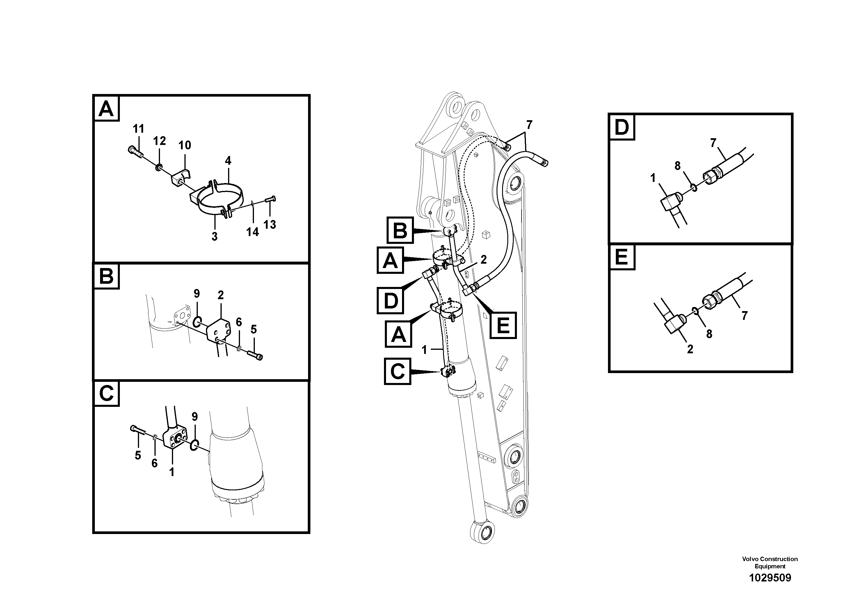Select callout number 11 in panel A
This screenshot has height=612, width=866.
[x=138, y=129]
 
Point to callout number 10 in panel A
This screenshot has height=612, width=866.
[x=184, y=145]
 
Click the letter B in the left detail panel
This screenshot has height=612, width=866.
[x=106, y=276]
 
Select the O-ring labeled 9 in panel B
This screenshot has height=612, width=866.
[x=197, y=322]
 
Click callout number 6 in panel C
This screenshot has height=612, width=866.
[x=154, y=463]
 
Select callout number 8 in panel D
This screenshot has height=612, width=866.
[x=677, y=166]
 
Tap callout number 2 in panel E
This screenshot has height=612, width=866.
[x=690, y=349]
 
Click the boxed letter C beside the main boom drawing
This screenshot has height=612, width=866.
[x=397, y=372]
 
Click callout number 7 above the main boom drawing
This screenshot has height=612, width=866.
[x=529, y=125]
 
